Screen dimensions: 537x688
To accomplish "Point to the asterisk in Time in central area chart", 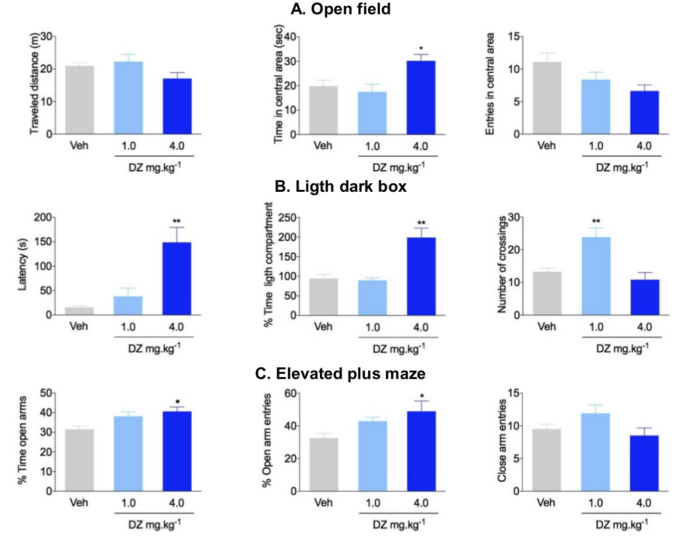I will point(421,49).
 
